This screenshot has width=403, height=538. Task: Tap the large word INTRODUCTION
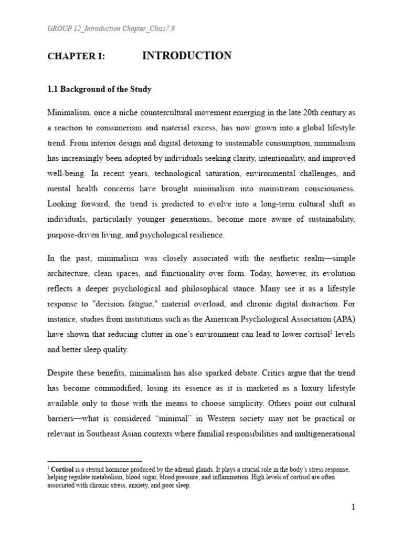click(186, 56)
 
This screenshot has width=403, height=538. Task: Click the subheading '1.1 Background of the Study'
click(100, 89)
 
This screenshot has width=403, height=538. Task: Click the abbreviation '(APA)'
click(338, 319)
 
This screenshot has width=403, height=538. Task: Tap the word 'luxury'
click(304, 388)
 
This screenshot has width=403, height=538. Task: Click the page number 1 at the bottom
click(353, 508)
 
